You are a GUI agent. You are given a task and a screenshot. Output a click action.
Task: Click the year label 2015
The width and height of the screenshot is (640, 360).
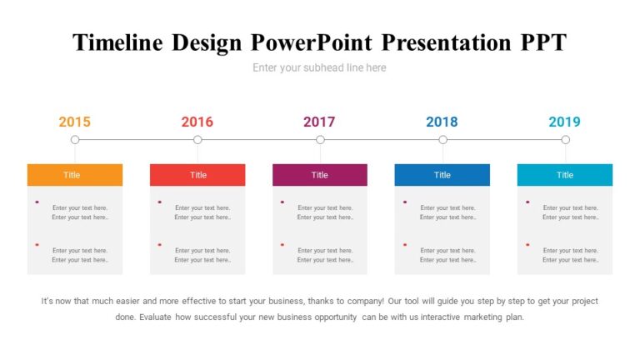74,122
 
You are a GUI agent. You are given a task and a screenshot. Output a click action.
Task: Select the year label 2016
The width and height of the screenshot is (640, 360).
197,122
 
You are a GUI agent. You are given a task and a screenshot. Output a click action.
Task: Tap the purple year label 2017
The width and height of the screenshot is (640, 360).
319,122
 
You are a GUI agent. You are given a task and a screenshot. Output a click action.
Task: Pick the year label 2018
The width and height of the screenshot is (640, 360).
442,122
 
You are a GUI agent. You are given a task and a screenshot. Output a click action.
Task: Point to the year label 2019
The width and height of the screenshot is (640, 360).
564,122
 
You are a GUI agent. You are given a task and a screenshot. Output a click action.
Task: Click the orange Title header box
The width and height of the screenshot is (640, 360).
74,175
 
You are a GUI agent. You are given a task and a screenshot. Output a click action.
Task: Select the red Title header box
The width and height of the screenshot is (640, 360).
197,175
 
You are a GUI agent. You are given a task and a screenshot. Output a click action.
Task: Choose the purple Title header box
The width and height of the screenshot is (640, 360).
319,175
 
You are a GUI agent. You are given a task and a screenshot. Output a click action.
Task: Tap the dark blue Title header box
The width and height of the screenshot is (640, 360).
442,175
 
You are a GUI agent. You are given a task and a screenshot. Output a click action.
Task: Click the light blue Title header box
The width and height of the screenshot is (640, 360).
564,175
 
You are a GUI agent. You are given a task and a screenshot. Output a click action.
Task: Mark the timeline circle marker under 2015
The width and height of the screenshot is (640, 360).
75,140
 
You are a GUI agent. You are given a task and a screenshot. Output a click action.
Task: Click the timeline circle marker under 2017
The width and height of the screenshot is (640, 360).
320,140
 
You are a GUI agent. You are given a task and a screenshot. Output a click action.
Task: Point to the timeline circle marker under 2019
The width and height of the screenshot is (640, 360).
565,140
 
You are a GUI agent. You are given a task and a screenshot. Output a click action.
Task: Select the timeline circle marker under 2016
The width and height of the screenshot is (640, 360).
197,140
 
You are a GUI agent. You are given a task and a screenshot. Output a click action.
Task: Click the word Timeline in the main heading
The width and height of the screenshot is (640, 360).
118,42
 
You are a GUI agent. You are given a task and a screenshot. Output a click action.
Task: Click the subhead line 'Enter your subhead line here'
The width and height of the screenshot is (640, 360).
319,67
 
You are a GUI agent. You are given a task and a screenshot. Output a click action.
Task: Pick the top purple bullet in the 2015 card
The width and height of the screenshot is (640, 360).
37,202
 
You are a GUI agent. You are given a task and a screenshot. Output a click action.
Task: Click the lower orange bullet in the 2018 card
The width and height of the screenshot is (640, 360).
405,244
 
